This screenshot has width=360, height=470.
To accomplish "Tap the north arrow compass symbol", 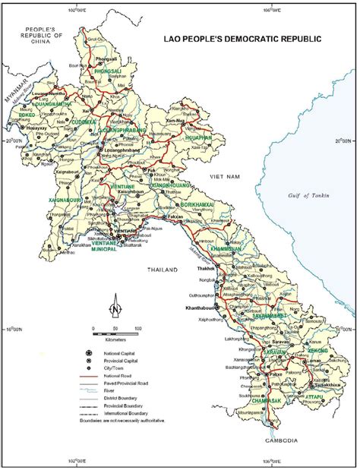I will tap(114, 307).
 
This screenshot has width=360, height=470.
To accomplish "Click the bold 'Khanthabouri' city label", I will tap(198, 308).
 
